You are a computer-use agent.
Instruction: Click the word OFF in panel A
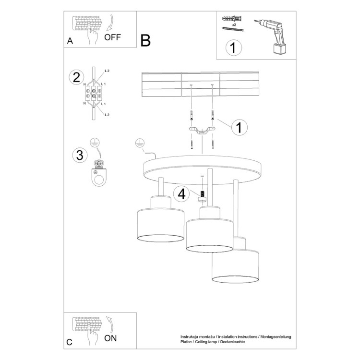coord(113,37)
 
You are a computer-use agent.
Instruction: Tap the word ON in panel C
coord(111,337)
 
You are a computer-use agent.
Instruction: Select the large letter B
coord(146,40)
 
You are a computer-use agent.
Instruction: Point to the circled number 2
coord(75,77)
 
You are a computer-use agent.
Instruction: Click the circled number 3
coord(78,155)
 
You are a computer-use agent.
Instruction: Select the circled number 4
coord(181,194)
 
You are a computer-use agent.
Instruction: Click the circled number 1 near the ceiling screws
coord(239,127)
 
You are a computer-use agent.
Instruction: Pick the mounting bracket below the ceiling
coord(202,131)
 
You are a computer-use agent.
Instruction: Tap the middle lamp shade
coord(209,235)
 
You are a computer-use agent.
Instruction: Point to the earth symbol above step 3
coord(95,141)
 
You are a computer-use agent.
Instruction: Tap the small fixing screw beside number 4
coord(202,194)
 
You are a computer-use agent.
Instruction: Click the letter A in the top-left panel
coord(70,41)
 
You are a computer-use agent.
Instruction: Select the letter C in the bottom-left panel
coord(70,342)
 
